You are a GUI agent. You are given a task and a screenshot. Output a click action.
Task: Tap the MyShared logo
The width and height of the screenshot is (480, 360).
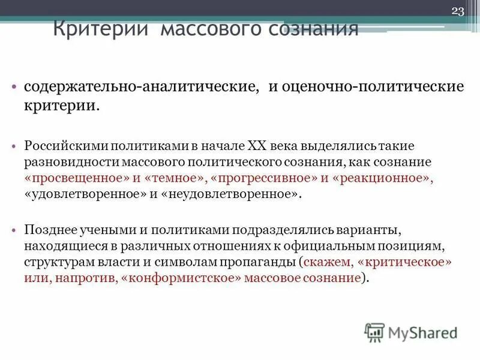coord(410,331)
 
